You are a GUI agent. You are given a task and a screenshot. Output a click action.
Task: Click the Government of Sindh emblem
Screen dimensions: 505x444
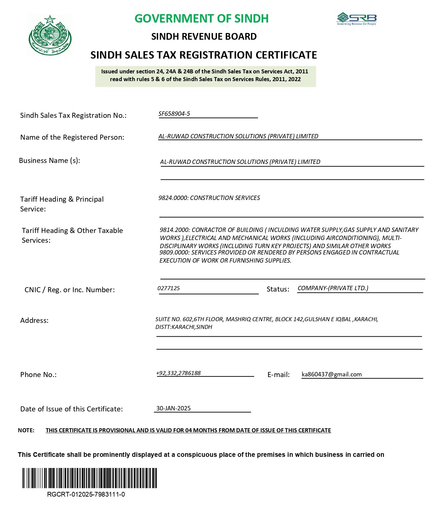pos(50,35)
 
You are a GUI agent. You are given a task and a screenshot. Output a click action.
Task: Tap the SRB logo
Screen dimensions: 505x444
pos(357,19)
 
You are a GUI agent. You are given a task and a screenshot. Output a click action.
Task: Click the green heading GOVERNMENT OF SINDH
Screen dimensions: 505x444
pos(201,19)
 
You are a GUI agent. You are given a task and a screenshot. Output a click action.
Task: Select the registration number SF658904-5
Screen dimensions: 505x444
pos(174,114)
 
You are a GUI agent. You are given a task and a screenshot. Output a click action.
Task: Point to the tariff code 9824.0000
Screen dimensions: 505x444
pos(173,198)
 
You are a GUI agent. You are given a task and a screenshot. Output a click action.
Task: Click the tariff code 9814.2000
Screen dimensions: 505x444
pos(175,230)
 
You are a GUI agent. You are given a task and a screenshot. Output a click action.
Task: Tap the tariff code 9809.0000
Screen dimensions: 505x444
pos(174,252)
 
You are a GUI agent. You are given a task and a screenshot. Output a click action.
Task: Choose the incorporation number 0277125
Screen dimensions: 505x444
pos(169,288)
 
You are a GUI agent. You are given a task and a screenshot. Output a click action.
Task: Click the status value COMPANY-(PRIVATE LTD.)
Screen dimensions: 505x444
pos(333,288)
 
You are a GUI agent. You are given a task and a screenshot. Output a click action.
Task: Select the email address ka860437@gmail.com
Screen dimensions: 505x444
pos(332,374)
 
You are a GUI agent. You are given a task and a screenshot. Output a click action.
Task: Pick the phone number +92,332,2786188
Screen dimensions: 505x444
pos(178,373)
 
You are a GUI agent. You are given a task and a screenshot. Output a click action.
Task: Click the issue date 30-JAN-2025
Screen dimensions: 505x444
pos(173,408)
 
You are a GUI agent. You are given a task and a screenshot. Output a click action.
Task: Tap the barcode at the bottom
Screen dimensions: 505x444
pos(90,478)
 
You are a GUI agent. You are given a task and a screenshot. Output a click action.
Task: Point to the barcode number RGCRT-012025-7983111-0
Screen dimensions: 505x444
pos(86,494)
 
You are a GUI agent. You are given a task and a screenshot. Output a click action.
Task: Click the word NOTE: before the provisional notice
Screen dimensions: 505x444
pos(26,430)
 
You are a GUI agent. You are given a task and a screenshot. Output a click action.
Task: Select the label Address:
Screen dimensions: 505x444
pos(34,321)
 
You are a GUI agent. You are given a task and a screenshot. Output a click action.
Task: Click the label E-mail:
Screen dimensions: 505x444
pos(278,375)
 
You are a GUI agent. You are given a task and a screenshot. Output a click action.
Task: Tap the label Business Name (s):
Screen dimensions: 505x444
pos(49,161)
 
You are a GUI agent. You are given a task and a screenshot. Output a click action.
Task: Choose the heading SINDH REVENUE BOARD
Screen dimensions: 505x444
pos(204,36)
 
